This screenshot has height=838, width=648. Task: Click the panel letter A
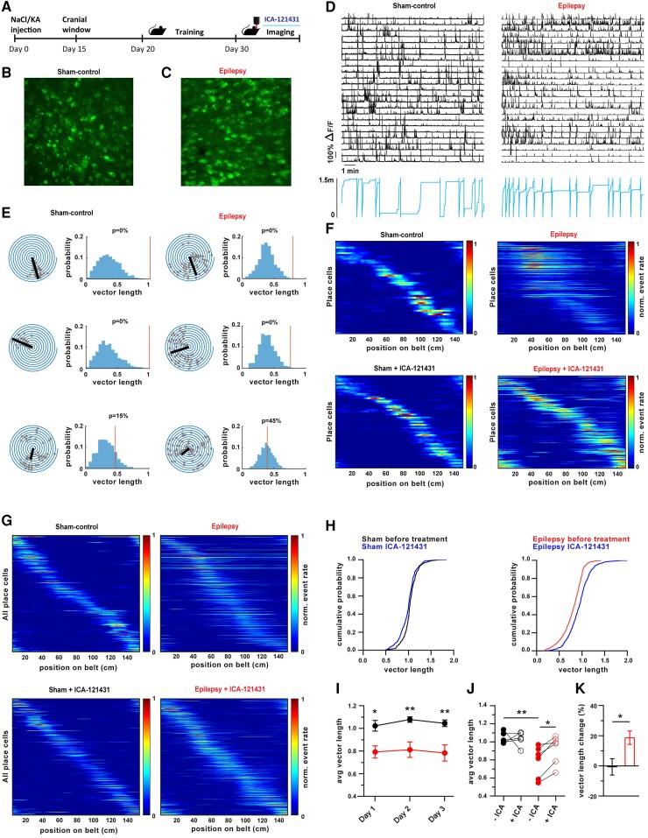tap(8, 8)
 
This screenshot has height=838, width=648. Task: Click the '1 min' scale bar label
tap(353, 170)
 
